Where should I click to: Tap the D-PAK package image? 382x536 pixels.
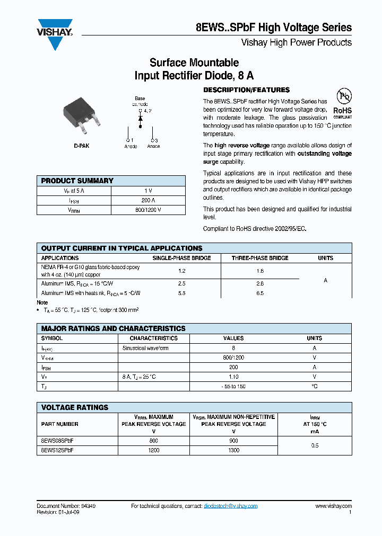pos(81,118)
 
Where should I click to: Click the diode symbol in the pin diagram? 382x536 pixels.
pos(140,119)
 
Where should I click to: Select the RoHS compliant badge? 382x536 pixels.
pos(343,104)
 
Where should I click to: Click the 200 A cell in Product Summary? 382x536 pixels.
pos(149,200)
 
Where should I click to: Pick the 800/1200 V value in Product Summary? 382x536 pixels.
pos(149,210)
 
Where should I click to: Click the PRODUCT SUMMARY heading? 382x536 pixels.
pos(77,181)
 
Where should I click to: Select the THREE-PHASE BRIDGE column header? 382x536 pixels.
pos(260,258)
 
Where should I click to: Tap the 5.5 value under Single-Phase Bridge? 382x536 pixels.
pos(182,293)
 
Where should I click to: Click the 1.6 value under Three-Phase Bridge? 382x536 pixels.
pos(260,271)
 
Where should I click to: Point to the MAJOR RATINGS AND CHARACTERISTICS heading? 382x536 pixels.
pos(113,328)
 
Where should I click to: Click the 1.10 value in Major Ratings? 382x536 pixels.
pos(233,377)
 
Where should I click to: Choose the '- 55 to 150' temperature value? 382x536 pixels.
pos(233,386)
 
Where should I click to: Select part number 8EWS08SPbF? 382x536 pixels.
pos(57,440)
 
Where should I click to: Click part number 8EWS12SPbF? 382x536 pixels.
pos(57,450)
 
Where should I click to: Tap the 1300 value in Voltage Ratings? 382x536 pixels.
pos(233,450)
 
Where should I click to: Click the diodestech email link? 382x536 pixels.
pos(230,506)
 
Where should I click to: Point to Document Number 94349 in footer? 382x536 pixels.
pos(66,506)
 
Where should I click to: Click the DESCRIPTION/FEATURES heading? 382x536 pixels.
pos(246,90)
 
